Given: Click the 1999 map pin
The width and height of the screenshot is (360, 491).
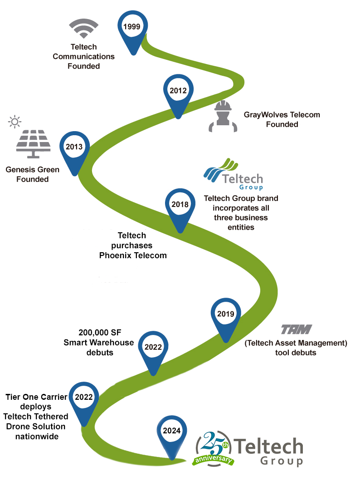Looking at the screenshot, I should tap(133, 28).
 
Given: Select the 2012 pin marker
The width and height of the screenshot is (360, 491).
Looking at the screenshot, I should tap(178, 92).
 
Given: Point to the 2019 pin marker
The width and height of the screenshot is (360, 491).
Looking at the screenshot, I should tap(225, 315).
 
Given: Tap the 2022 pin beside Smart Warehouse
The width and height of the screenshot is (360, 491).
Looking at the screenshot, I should tap(153, 349).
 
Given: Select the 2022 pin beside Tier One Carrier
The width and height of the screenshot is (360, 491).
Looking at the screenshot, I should tap(84, 398).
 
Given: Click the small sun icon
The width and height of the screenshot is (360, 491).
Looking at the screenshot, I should tap(15, 122).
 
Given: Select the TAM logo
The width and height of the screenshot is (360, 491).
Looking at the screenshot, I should tap(296, 329).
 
